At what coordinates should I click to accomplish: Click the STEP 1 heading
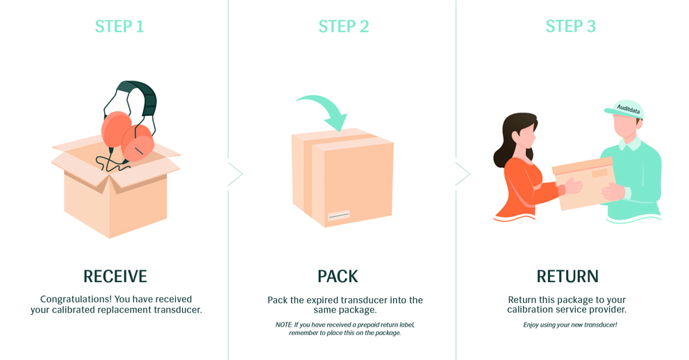(x=119, y=26)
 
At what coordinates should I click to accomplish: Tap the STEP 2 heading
(x=344, y=26)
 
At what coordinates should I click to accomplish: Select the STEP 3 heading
(x=571, y=26)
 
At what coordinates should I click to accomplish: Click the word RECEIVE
(x=115, y=277)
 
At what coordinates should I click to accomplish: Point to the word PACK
(x=338, y=277)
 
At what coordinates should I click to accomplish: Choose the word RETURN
(x=567, y=277)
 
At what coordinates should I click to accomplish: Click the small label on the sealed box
(x=339, y=215)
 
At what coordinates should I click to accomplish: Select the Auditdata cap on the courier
(x=626, y=109)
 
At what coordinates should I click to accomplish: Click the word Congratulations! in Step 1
(x=76, y=300)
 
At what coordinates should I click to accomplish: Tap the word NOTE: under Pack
(x=284, y=325)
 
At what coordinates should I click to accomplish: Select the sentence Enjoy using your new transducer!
(x=570, y=325)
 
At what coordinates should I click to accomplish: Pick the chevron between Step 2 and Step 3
(x=463, y=174)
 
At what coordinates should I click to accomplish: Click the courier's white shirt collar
(x=630, y=144)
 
